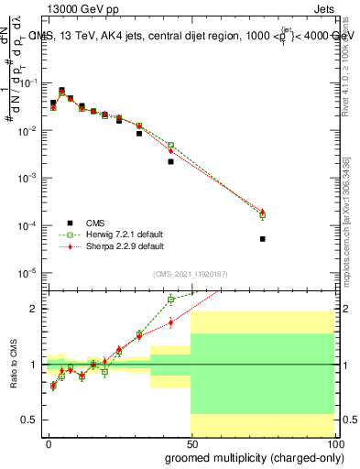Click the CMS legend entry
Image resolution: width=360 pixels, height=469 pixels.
click(94, 222)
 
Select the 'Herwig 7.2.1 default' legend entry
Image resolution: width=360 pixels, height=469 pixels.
click(118, 234)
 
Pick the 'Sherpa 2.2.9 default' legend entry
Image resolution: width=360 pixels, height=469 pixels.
click(118, 246)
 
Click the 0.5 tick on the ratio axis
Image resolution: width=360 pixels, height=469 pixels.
click(33, 420)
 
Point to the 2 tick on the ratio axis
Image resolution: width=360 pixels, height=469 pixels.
click(36, 309)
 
